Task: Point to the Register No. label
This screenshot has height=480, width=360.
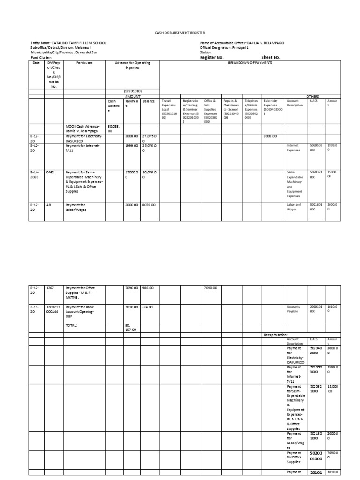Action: point(211,57)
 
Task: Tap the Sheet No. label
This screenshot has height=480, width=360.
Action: point(270,57)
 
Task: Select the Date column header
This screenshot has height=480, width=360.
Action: point(36,62)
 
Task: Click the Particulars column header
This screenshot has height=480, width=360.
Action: point(84,62)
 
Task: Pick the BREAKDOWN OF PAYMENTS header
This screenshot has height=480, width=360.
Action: point(250,62)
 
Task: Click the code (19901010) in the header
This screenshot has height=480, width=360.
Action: point(133,91)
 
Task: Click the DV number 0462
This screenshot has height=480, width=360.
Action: point(50,172)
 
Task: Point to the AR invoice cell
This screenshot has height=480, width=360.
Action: point(48,205)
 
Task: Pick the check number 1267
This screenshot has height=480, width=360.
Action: point(50,287)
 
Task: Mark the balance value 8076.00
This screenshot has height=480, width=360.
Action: point(149,205)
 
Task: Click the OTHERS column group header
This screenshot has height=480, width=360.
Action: point(312,95)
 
